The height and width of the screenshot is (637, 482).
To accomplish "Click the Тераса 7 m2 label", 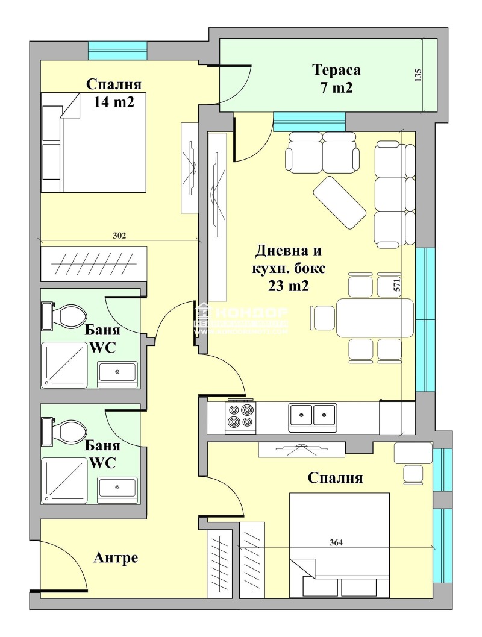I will click(336, 79).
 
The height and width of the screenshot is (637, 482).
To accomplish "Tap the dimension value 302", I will click(119, 236).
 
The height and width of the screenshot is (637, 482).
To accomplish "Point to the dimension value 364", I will click(336, 542).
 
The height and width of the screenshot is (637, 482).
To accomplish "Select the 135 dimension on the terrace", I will click(419, 74).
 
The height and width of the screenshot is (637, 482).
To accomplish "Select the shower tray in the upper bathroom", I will click(64, 365).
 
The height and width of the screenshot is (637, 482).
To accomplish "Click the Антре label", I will click(116, 558).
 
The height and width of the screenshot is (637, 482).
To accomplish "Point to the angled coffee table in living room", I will click(339, 202).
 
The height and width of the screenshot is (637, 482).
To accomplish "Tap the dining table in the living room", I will click(375, 318).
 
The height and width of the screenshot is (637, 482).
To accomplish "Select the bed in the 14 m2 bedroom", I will click(93, 143).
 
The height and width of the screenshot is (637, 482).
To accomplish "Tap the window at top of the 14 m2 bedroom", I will click(117, 49).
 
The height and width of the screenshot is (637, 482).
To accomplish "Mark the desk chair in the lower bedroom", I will click(414, 474).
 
